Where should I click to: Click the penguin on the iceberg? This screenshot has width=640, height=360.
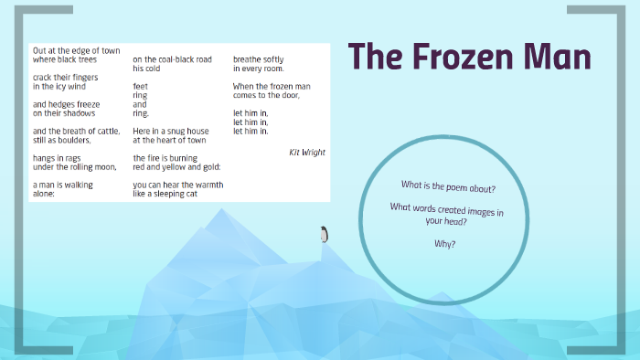click(x=323, y=235)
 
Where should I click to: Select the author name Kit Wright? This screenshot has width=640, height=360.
click(x=307, y=153)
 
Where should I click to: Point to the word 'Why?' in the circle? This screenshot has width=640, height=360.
click(x=445, y=244)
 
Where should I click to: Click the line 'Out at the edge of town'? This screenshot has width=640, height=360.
click(x=76, y=50)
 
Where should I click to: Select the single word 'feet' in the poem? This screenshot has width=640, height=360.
click(x=140, y=86)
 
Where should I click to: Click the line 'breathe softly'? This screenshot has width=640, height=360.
click(x=259, y=59)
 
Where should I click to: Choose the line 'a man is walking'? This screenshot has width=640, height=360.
click(x=63, y=185)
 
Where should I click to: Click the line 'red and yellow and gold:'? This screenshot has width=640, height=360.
click(x=177, y=167)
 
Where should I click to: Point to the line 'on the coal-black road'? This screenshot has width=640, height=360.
click(x=172, y=59)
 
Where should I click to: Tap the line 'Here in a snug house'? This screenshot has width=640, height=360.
click(x=171, y=132)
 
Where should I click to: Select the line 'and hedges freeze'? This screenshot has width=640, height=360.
click(x=67, y=104)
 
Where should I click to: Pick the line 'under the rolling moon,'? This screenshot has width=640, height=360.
click(x=75, y=167)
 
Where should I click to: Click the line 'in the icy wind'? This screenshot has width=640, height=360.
click(x=59, y=86)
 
